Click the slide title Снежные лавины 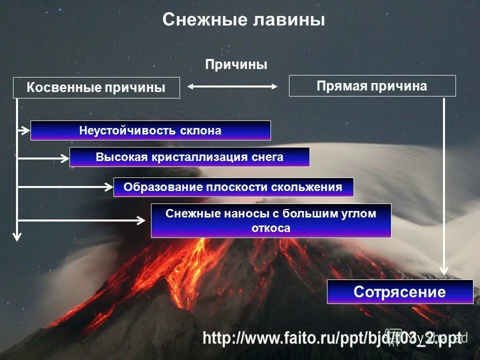[x=243, y=20]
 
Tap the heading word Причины [x=236, y=64]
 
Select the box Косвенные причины [x=95, y=87]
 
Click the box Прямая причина [x=372, y=86]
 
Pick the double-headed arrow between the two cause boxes [x=232, y=86]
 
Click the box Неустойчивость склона [x=150, y=130]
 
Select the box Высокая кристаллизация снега [x=189, y=157]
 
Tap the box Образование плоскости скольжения [x=233, y=187]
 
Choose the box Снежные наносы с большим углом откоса [x=270, y=220]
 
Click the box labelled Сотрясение [x=399, y=291]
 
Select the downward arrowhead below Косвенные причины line [x=17, y=236]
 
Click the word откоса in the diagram [x=270, y=228]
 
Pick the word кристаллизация [x=198, y=157]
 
